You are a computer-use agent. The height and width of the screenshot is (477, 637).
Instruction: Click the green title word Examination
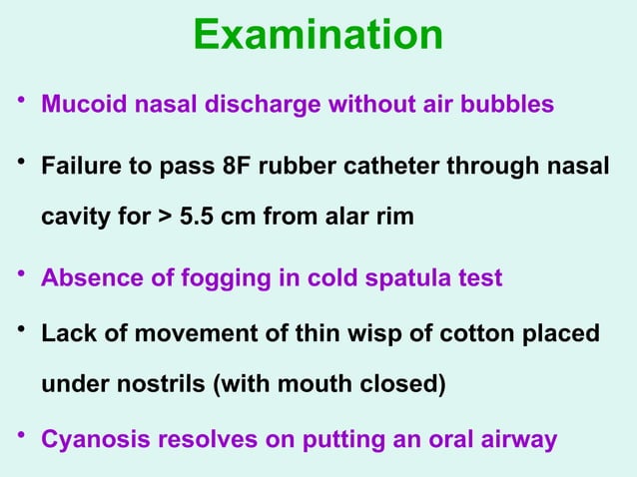point(318,35)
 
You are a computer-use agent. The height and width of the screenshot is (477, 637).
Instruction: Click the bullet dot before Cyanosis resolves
point(19,436)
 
